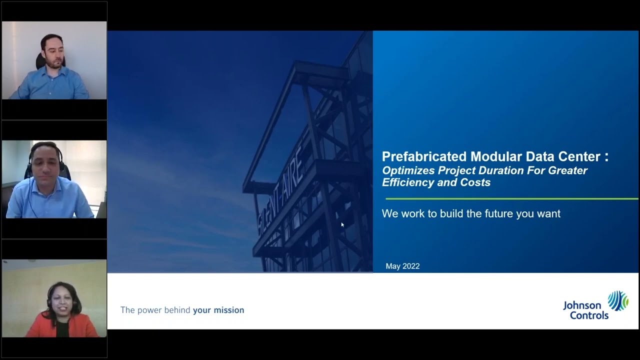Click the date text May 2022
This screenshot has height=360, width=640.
pyautogui.click(x=402, y=266)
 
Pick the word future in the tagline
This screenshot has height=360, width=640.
pyautogui.click(x=501, y=214)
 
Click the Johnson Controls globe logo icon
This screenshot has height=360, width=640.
pyautogui.click(x=617, y=301)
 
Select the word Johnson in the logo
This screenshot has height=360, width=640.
pyautogui.click(x=582, y=305)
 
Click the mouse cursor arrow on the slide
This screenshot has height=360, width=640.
pyautogui.click(x=342, y=225)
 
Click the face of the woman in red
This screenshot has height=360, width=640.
pyautogui.click(x=63, y=298)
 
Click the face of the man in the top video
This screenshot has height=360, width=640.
pyautogui.click(x=53, y=51)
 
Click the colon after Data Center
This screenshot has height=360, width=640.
pyautogui.click(x=606, y=157)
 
